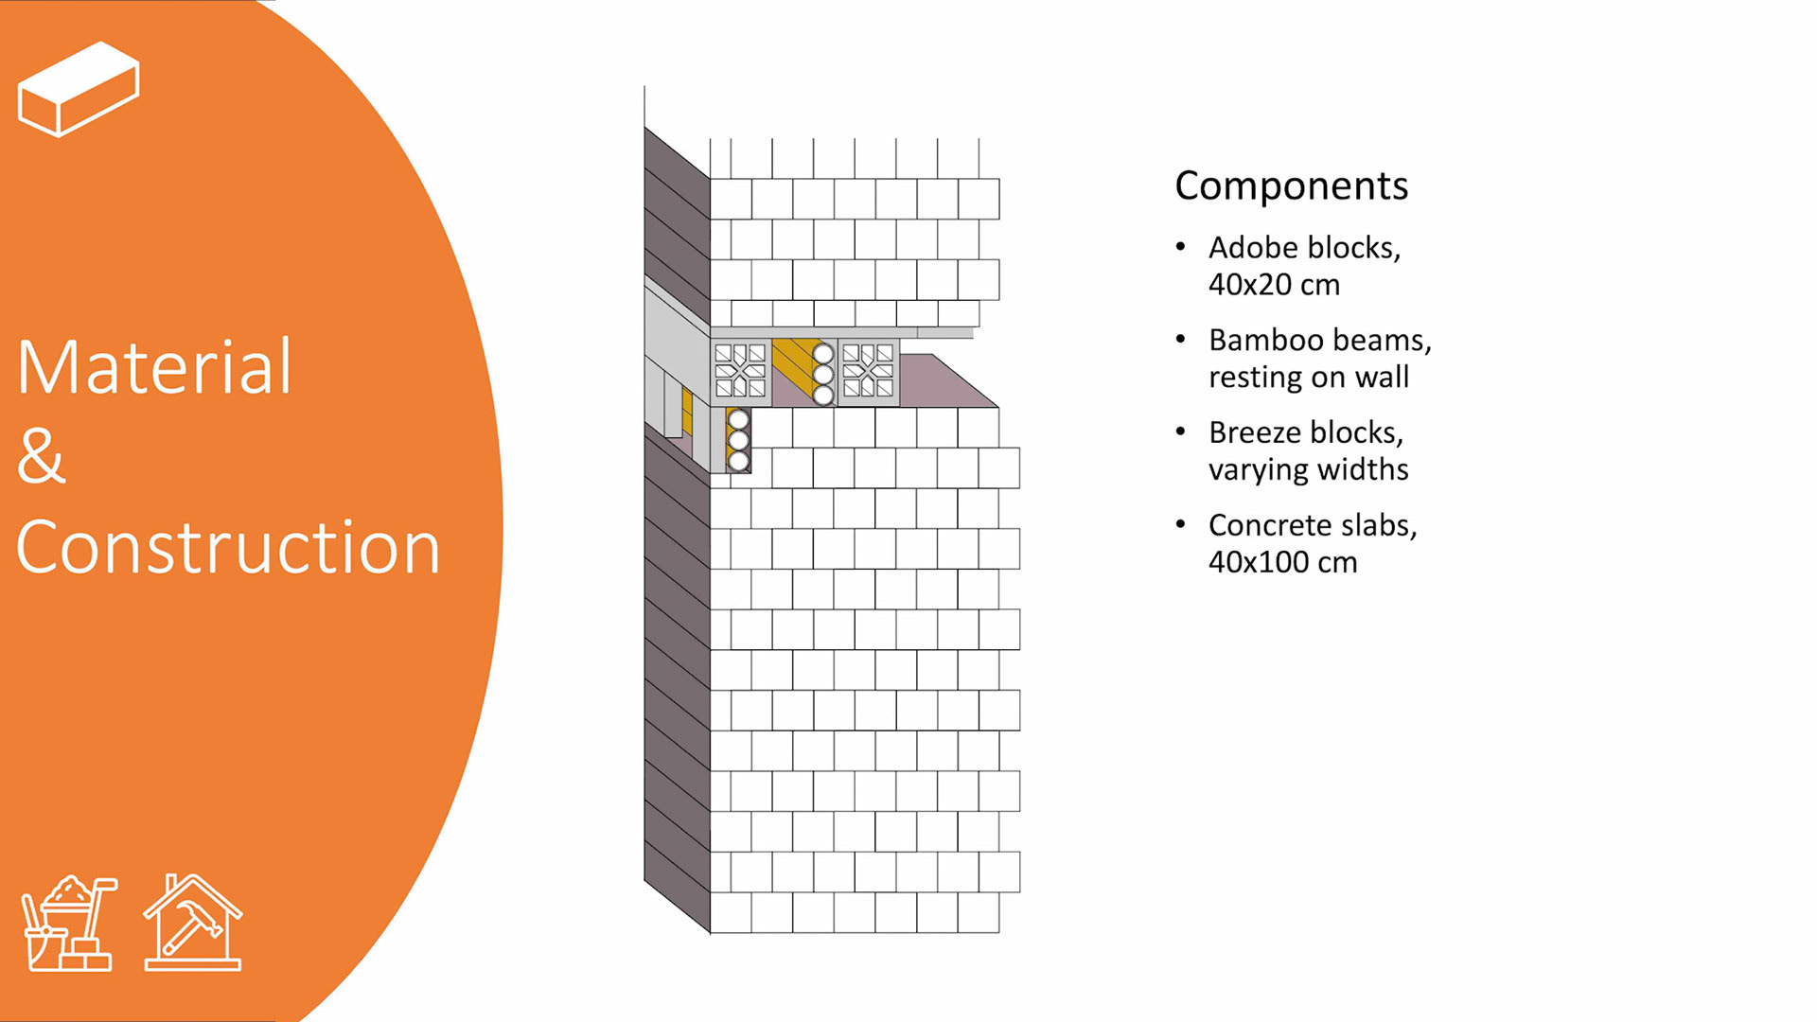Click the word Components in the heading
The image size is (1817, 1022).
[x=1291, y=186]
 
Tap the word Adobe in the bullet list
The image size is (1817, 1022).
[x=1252, y=248]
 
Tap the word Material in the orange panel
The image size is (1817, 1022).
[x=154, y=367]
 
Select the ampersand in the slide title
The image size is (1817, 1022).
[x=41, y=456]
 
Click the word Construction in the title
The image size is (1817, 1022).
[x=228, y=548]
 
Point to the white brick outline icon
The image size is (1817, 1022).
[x=79, y=89]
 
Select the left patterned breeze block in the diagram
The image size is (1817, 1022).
[x=740, y=370]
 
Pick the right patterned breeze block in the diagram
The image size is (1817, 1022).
[x=868, y=370]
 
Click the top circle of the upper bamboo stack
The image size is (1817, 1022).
[x=823, y=354]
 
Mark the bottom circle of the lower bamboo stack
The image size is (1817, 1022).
[x=739, y=462]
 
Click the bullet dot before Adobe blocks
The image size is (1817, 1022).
[x=1180, y=247]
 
